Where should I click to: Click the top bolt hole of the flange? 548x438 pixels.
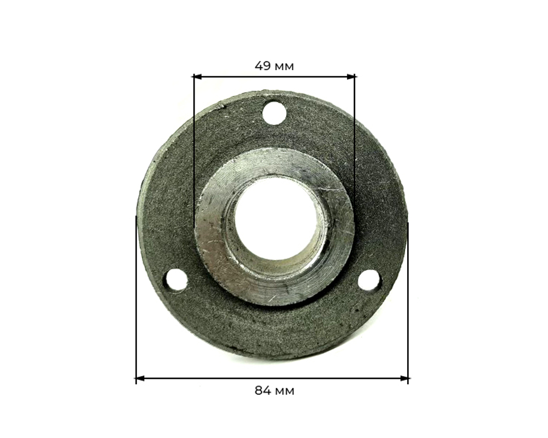[274, 113]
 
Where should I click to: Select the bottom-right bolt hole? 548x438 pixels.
[369, 280]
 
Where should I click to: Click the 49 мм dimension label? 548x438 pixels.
[274, 66]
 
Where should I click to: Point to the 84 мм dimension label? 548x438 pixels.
[274, 391]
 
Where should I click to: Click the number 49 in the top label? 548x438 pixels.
[262, 66]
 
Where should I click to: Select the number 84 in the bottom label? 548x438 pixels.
[262, 391]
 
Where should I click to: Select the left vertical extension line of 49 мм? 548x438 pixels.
[194, 137]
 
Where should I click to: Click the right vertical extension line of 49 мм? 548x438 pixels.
[355, 137]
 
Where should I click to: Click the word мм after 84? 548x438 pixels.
[284, 391]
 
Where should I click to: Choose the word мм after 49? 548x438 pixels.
[284, 66]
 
